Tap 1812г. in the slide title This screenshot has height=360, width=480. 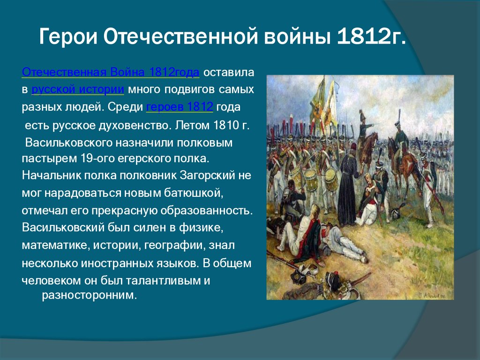pyautogui.click(x=371, y=36)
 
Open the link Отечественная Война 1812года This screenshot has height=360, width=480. pyautogui.click(x=111, y=72)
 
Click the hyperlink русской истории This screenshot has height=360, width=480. pyautogui.click(x=78, y=90)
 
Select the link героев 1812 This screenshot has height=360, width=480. pyautogui.click(x=180, y=107)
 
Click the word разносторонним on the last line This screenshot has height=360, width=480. pyautogui.click(x=89, y=295)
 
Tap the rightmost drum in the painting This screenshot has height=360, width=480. pyautogui.click(x=331, y=179)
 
